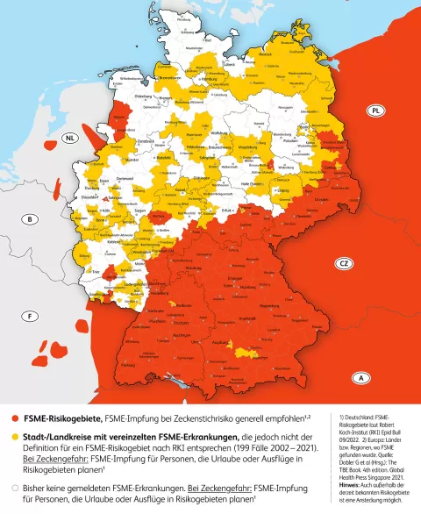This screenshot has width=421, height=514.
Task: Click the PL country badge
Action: click(x=375, y=111)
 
